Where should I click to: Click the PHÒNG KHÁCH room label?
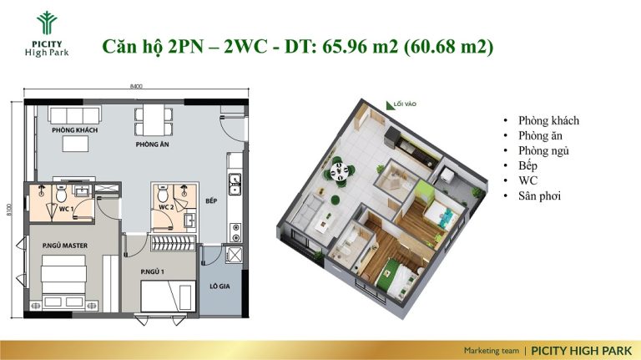click(75, 130)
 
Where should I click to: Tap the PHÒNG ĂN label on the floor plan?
click(153, 145)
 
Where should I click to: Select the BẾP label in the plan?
click(211, 200)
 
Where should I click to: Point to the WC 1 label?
click(66, 209)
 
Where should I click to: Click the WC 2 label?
click(166, 207)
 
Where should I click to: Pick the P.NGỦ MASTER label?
click(65, 246)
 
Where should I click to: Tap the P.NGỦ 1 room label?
click(153, 271)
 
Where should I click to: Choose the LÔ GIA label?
click(220, 286)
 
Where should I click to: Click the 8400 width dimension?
click(136, 86)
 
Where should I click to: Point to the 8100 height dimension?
click(9, 210)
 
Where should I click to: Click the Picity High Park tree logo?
click(47, 23)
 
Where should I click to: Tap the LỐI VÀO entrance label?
click(405, 104)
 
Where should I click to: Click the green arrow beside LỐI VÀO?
click(389, 106)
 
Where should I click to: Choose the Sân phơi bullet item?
click(539, 196)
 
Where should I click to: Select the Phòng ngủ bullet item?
click(543, 151)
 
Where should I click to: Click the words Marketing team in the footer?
click(492, 351)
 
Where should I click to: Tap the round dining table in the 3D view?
click(340, 170)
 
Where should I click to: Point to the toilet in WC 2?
click(162, 194)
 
